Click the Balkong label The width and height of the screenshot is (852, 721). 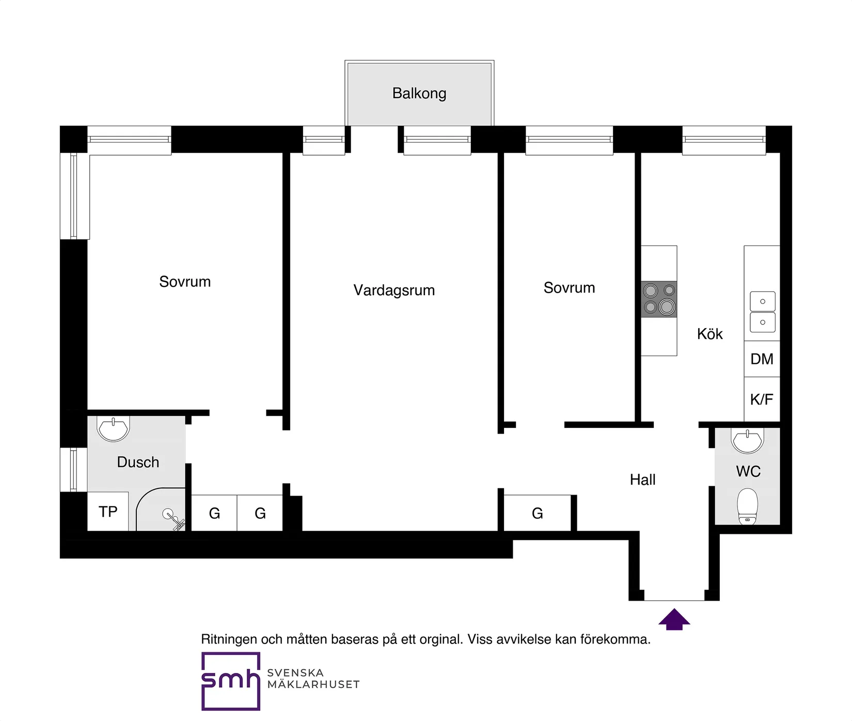pyautogui.click(x=419, y=94)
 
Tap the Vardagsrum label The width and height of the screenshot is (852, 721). pyautogui.click(x=394, y=290)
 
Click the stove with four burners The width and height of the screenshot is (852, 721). pyautogui.click(x=659, y=299)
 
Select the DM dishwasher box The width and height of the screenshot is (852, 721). pyautogui.click(x=762, y=359)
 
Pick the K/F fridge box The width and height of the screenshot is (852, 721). pyautogui.click(x=762, y=399)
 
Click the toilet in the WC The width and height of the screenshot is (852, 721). pyautogui.click(x=748, y=506)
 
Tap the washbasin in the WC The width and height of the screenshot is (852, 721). pyautogui.click(x=747, y=440)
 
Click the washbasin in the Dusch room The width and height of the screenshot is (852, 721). pyautogui.click(x=113, y=428)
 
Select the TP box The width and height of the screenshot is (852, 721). pyautogui.click(x=108, y=511)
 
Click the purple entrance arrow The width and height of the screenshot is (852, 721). pyautogui.click(x=674, y=619)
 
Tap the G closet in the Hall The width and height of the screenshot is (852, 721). pyautogui.click(x=538, y=513)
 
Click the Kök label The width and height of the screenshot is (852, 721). pyautogui.click(x=710, y=334)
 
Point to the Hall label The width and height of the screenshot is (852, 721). pyautogui.click(x=643, y=480)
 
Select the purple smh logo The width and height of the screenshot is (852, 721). pyautogui.click(x=231, y=681)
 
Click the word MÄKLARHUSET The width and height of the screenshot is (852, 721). pyautogui.click(x=313, y=684)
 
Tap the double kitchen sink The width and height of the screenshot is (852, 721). pyautogui.click(x=763, y=312)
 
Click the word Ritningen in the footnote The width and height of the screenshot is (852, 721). pyautogui.click(x=229, y=639)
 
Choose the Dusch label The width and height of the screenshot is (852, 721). pyautogui.click(x=138, y=462)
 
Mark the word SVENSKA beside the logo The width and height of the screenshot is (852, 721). pyautogui.click(x=295, y=672)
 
